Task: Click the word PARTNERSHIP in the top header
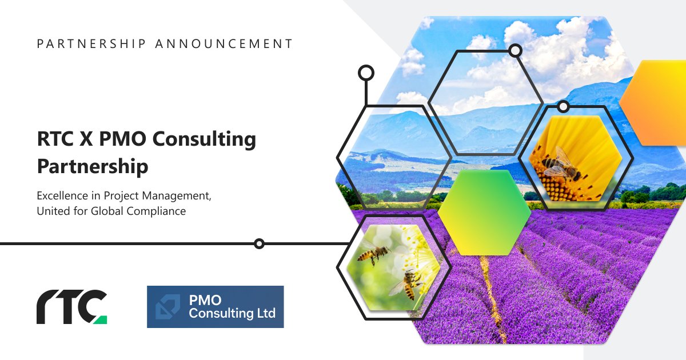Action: coord(91,43)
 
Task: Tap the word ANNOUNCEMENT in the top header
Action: coord(225,43)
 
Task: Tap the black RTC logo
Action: coord(66,307)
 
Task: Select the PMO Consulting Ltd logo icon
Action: coord(167,307)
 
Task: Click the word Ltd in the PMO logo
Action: coord(265,313)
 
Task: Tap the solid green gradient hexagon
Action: coord(484,212)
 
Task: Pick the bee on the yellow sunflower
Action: coord(557,166)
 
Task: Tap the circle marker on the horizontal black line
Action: coord(259,244)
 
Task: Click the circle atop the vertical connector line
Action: coord(365,73)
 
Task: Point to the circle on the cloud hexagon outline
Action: coord(515,51)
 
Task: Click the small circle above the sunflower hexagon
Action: coord(563,106)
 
